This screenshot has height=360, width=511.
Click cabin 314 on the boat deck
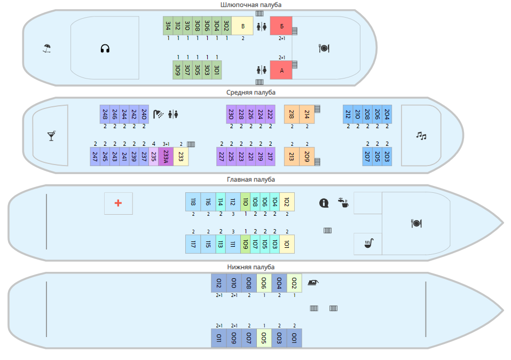pyautogui.click(x=168, y=25)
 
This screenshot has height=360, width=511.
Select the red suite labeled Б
pyautogui.click(x=281, y=26)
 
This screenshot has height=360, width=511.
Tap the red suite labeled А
pyautogui.click(x=281, y=70)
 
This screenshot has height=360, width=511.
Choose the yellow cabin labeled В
pyautogui.click(x=243, y=26)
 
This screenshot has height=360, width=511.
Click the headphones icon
pyautogui.click(x=105, y=49)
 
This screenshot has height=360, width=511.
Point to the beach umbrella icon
pyautogui.click(x=47, y=49)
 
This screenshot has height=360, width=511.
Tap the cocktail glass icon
pyautogui.click(x=51, y=136)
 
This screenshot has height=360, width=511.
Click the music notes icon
pyautogui.click(x=421, y=136)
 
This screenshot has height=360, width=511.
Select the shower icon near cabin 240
pyautogui.click(x=159, y=114)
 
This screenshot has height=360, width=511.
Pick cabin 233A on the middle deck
pyautogui.click(x=166, y=156)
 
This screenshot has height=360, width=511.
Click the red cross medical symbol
pyautogui.click(x=119, y=203)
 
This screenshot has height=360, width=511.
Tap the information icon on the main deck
pyautogui.click(x=324, y=203)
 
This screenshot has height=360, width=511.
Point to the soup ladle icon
pyautogui.click(x=368, y=244)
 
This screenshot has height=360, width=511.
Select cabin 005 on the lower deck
pyautogui.click(x=264, y=338)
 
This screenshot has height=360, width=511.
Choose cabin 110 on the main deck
pyautogui.click(x=245, y=201)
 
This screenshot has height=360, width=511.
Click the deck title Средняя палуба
pyautogui.click(x=251, y=92)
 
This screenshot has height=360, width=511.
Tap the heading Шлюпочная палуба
pyautogui.click(x=251, y=5)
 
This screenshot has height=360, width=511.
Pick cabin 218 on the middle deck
pyautogui.click(x=292, y=114)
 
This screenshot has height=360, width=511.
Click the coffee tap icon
pyautogui.click(x=343, y=202)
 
